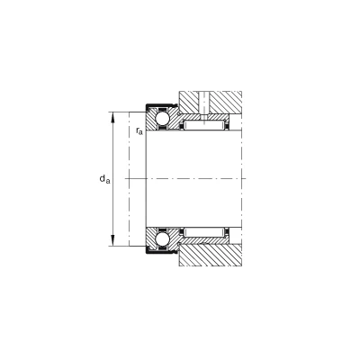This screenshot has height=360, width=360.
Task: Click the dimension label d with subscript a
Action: tap(104, 179)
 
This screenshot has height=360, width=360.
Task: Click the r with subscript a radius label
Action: tap(139, 130)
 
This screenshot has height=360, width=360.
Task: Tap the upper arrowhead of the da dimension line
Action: tap(112, 117)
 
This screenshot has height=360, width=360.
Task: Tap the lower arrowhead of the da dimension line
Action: tap(112, 241)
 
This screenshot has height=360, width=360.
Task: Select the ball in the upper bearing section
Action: tap(162, 119)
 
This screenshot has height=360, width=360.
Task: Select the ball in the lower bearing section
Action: tap(162, 239)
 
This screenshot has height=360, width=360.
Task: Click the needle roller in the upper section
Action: tap(204, 125)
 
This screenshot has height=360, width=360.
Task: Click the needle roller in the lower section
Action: tap(204, 233)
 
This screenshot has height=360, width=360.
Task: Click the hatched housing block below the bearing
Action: tap(211, 255)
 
